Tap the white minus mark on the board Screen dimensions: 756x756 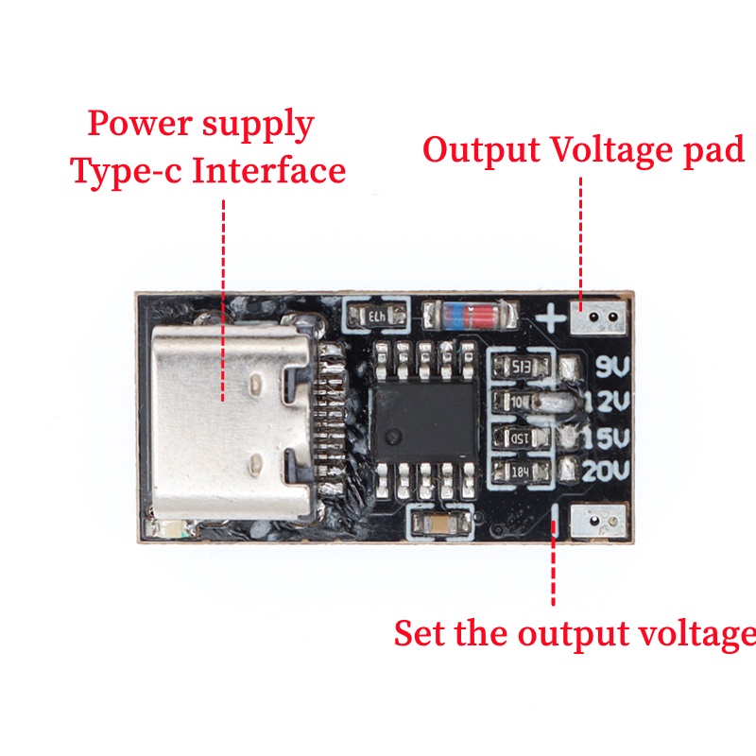click(x=557, y=518)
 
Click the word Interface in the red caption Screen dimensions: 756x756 click(x=273, y=172)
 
